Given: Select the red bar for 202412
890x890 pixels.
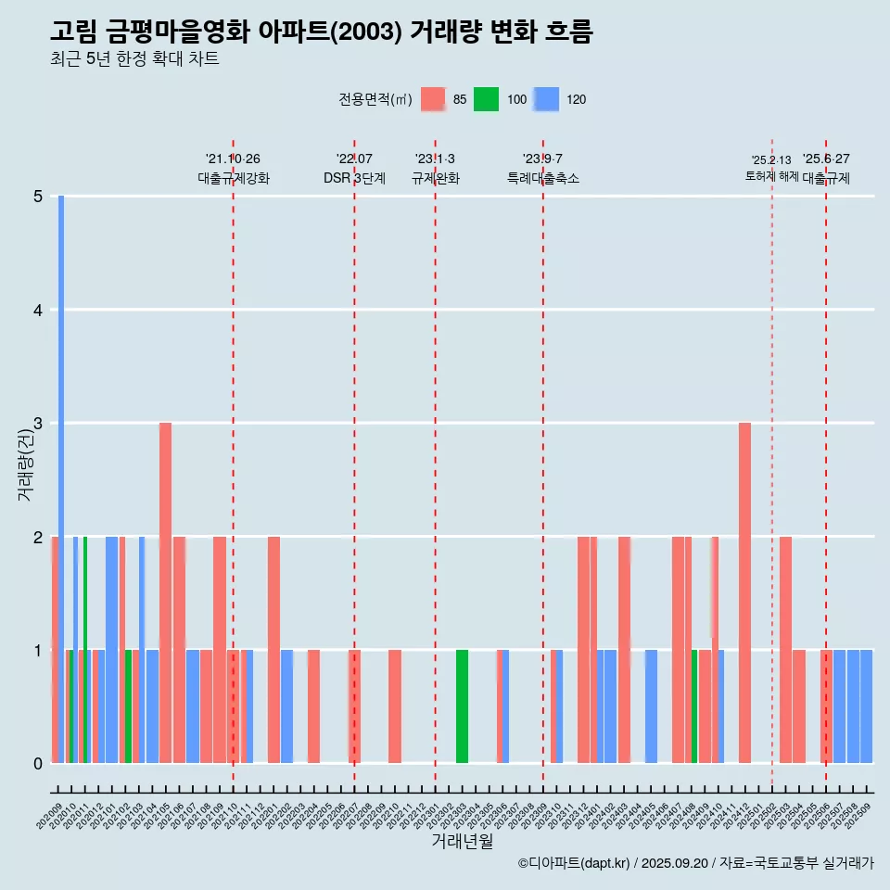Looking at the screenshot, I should (x=744, y=592).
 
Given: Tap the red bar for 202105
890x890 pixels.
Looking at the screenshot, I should (x=165, y=592).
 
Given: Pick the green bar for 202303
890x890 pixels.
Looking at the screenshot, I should (x=462, y=706).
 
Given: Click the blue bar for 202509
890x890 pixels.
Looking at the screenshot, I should (x=866, y=706).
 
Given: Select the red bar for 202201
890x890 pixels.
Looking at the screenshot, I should (x=273, y=649).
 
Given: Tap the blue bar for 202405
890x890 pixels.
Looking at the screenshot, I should (x=651, y=706).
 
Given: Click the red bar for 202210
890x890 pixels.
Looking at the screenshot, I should (x=395, y=706).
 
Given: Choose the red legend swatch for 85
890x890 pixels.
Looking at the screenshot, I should (x=433, y=99).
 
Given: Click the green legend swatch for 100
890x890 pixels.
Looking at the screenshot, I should (x=486, y=99).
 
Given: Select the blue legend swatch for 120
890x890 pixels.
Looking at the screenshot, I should (x=546, y=99).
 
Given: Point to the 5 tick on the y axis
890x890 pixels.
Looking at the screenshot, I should (x=38, y=197).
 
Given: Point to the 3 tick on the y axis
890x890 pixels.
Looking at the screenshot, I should (x=38, y=424).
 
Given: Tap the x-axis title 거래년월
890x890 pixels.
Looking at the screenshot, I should (x=462, y=841).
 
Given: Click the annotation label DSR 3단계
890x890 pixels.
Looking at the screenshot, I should (x=354, y=178).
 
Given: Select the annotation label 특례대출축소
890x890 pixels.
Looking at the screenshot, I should (x=543, y=178).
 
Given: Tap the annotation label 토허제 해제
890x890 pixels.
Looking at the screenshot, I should (x=771, y=176).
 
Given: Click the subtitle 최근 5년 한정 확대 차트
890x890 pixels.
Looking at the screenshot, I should (x=135, y=60).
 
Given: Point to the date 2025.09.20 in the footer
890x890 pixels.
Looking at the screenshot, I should (x=674, y=863).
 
